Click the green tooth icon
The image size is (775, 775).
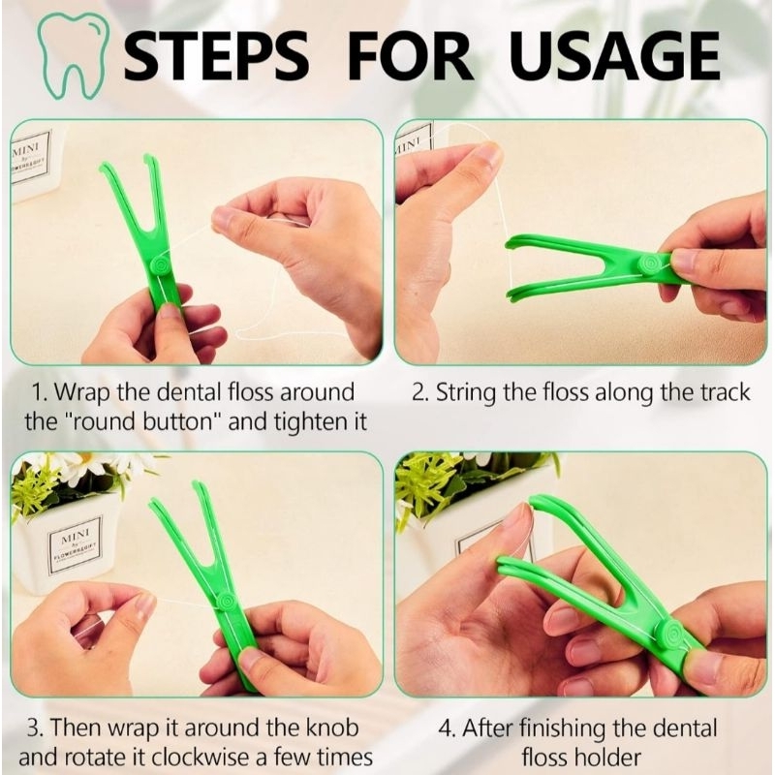74,54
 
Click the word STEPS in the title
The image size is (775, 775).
215,55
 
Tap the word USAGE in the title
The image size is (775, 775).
614,55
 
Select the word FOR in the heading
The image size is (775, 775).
410,55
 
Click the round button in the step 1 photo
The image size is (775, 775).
162,265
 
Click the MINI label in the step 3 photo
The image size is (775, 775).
76,543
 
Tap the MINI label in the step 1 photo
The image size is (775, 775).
30,157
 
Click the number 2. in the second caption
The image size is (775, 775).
419,392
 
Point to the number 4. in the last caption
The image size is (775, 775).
447,728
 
